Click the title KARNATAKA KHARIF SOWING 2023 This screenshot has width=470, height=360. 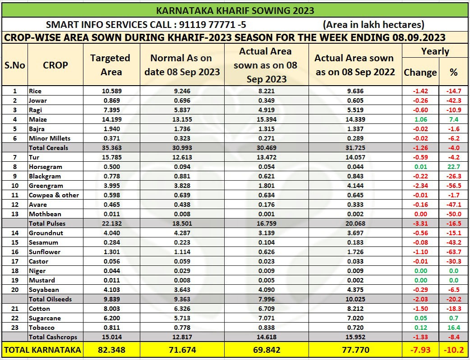click(x=235, y=10)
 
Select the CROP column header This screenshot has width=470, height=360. click(x=55, y=65)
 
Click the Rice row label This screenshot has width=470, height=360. click(x=35, y=91)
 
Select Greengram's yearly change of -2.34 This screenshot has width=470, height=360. click(x=420, y=186)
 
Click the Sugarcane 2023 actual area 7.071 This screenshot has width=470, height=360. click(x=265, y=318)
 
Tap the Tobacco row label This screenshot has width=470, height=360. click(x=41, y=328)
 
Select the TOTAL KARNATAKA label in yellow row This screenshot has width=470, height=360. click(x=42, y=350)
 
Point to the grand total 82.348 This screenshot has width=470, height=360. click(x=111, y=350)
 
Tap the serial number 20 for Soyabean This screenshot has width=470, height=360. click(x=15, y=290)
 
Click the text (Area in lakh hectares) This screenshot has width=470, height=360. click(x=373, y=25)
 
